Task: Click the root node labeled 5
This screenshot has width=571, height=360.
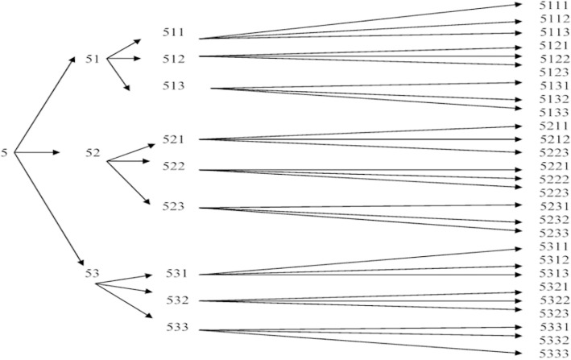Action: click(x=6, y=152)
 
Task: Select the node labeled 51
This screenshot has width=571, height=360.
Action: click(x=93, y=58)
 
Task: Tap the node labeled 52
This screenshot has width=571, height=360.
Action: click(x=94, y=152)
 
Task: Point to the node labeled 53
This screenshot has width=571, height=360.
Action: click(x=93, y=275)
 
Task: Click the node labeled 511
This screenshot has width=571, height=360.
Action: click(x=173, y=33)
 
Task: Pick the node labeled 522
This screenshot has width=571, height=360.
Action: click(x=173, y=167)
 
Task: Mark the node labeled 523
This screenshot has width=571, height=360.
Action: click(x=173, y=207)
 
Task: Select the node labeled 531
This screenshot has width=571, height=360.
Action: click(x=179, y=274)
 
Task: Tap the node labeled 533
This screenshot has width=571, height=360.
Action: click(x=179, y=328)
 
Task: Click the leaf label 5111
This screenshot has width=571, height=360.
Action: click(x=554, y=6)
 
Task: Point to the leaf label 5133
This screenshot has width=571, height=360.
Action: click(x=554, y=112)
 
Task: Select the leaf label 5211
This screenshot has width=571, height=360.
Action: click(x=554, y=126)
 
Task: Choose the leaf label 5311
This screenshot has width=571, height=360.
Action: click(x=554, y=246)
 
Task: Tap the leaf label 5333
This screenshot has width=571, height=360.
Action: click(x=554, y=354)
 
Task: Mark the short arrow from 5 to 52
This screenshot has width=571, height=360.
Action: click(x=36, y=152)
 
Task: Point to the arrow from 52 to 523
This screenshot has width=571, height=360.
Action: click(x=129, y=181)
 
